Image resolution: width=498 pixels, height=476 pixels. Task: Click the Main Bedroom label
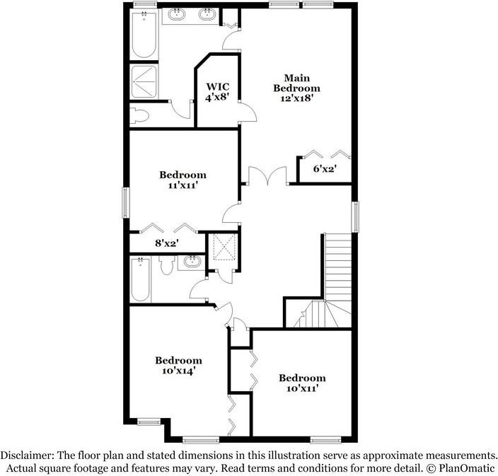click(x=302, y=83)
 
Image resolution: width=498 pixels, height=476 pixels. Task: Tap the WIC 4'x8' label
click(x=217, y=92)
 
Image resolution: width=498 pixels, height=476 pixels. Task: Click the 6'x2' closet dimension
click(x=324, y=168)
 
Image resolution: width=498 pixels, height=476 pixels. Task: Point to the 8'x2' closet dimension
click(x=166, y=243)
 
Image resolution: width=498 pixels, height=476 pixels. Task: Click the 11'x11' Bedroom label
click(x=183, y=180)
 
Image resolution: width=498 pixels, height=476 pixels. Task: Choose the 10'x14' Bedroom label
click(x=178, y=365)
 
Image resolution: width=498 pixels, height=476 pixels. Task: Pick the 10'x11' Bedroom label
click(x=302, y=383)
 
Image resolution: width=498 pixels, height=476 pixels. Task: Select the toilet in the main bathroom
click(x=139, y=115)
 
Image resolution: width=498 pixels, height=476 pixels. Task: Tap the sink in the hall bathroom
click(x=191, y=262)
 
